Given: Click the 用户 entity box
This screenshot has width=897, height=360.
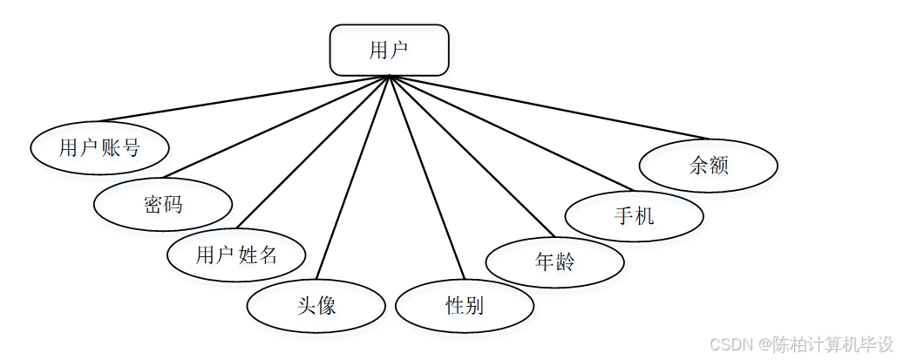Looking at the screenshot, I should tap(389, 50).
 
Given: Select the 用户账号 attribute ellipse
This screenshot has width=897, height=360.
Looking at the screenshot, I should tap(99, 148).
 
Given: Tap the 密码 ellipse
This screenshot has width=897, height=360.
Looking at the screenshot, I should tap(163, 204).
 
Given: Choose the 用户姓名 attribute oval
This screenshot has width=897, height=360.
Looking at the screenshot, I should tap(236, 255).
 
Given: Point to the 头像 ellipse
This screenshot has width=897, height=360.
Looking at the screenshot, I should tap(316, 305).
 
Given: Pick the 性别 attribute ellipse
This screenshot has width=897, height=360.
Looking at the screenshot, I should tap(464, 306).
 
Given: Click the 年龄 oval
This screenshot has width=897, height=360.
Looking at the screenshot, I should tap(554, 261).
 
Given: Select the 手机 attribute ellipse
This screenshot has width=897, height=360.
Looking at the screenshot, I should tap(634, 215).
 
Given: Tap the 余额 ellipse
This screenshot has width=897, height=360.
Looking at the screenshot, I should tap(708, 164).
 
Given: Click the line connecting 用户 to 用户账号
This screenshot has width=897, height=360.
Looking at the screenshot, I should tap(244, 98).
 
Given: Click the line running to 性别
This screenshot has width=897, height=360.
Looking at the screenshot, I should tap(425, 178).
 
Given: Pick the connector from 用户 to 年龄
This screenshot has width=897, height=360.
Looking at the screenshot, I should tap(471, 156).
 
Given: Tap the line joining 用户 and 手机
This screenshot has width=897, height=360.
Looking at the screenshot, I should tap(510, 132).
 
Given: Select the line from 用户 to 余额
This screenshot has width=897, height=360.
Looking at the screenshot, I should tap(547, 107).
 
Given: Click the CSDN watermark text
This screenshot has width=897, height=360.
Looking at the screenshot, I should tap(801, 344).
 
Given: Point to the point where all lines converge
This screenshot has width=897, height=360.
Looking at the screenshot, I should tap(389, 77).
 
